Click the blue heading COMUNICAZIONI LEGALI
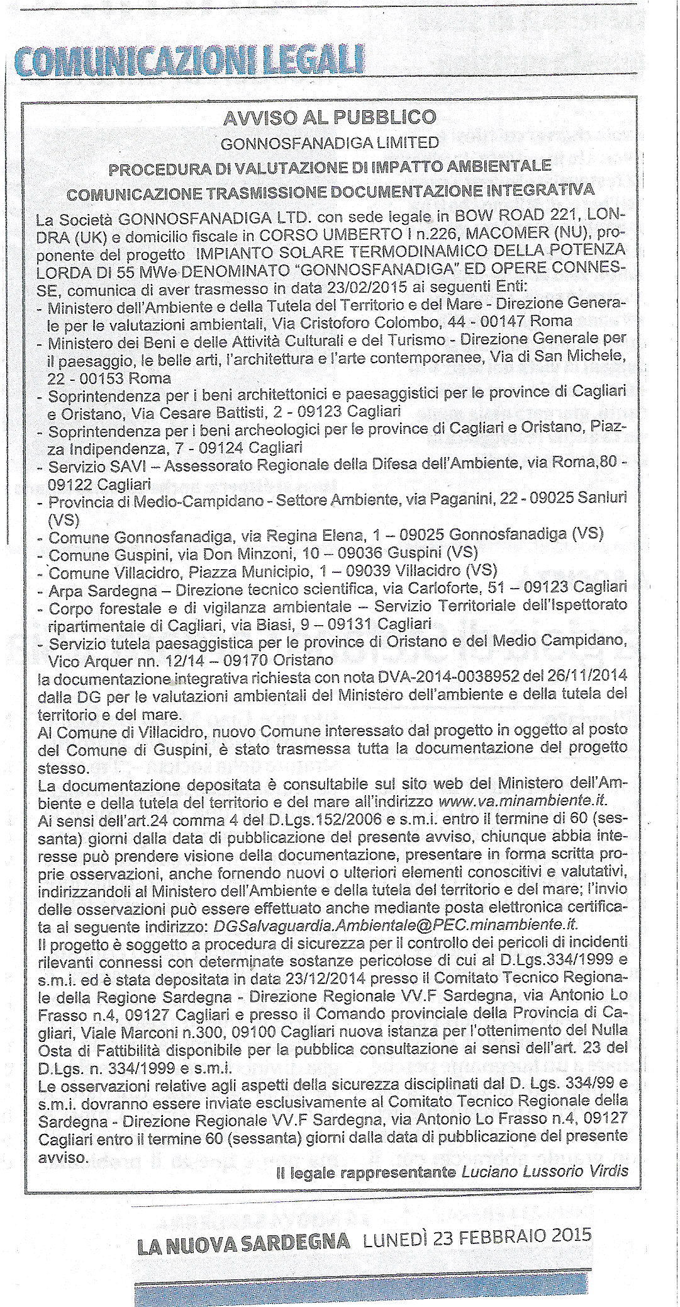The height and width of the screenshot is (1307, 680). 186,62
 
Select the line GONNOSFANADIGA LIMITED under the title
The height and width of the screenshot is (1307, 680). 330,143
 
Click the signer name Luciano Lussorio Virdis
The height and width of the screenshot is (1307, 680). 545,1172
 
